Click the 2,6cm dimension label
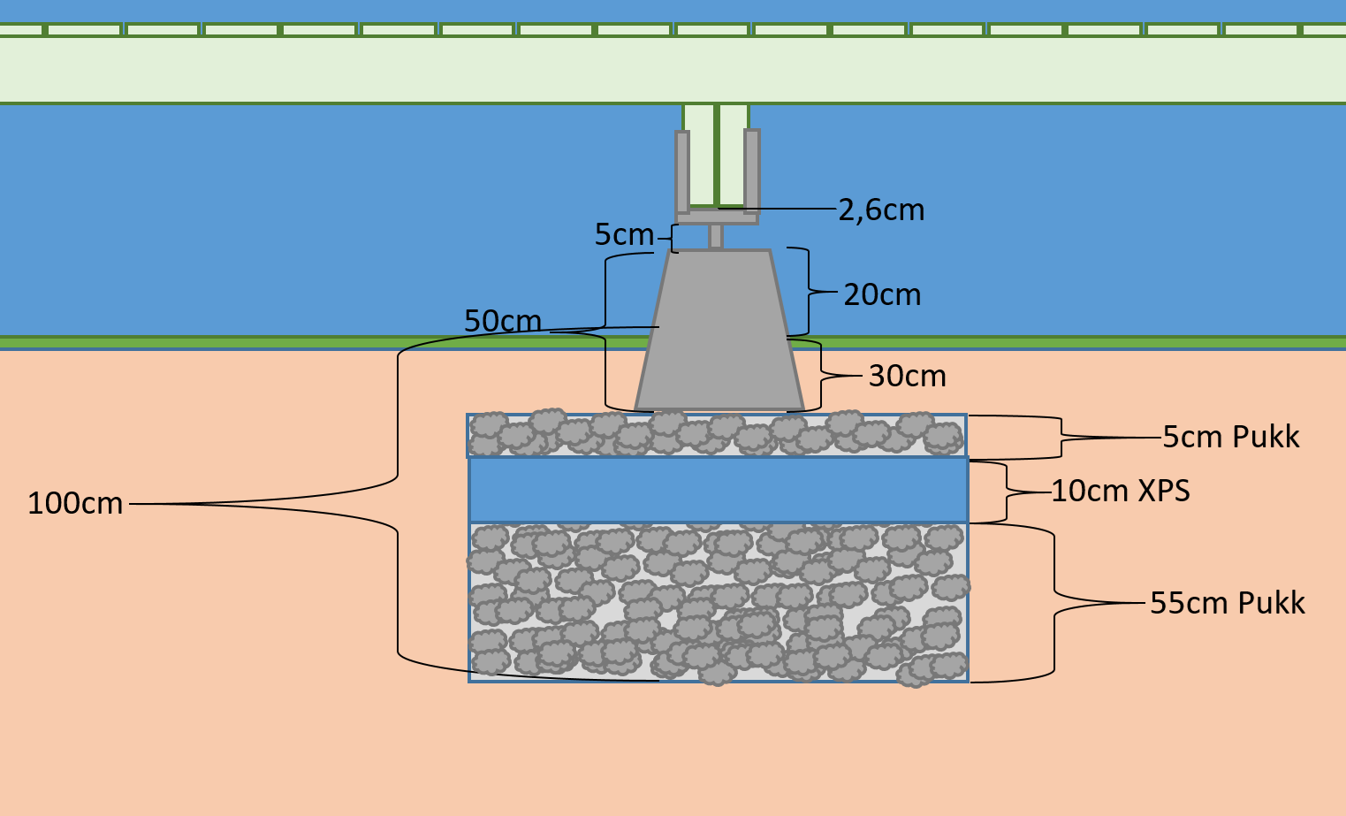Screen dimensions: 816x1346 click(x=881, y=210)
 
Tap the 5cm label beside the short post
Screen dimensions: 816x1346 click(x=624, y=235)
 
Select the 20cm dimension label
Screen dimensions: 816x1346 click(x=882, y=294)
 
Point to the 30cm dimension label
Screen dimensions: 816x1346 click(x=907, y=377)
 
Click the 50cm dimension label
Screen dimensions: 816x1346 click(x=503, y=321)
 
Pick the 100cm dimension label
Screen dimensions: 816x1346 click(x=75, y=504)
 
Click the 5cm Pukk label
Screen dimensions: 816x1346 click(x=1230, y=437)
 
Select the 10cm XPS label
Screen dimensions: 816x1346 click(x=1120, y=491)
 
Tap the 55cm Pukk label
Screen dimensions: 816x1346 click(x=1227, y=603)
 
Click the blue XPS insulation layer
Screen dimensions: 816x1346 click(x=718, y=490)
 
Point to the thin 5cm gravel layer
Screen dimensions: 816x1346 click(x=718, y=435)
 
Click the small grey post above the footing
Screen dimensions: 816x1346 click(x=716, y=236)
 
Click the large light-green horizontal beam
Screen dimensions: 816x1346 click(x=672, y=70)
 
